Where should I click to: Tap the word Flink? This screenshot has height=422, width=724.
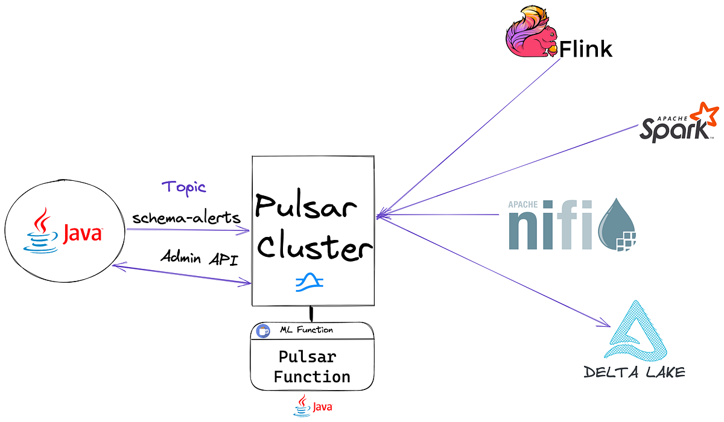coord(585,48)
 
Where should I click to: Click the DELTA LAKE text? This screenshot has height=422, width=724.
coord(635,372)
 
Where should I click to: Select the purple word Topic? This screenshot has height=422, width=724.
coord(184,187)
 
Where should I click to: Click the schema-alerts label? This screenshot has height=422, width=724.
coord(185,217)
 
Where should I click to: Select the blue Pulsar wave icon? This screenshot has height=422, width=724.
coord(310,282)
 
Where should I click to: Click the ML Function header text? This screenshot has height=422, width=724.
coord(306,330)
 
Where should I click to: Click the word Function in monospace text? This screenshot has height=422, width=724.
coord(311,377)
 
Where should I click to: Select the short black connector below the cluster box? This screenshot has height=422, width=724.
coord(311,313)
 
